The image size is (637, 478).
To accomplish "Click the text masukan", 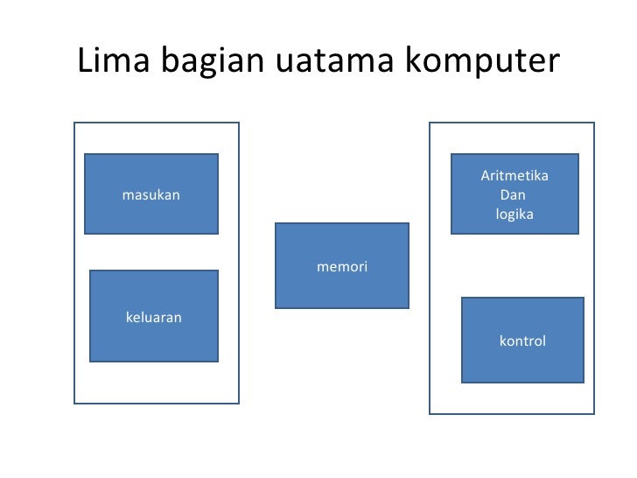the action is tap(150, 195).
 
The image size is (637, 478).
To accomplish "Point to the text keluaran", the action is tap(154, 318).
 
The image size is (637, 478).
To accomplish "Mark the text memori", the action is tap(342, 266).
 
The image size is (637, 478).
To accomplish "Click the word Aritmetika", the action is tap(514, 176).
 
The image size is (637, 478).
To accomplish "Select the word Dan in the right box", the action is tap(513, 195).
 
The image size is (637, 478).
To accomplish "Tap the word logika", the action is tap(514, 214).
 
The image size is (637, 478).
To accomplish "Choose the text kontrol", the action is tap(522, 341).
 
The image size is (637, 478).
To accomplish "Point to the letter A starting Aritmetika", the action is tap(486, 176).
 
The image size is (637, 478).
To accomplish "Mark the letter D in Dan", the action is tap(504, 195).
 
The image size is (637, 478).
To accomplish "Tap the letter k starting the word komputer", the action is tap(411, 60).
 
